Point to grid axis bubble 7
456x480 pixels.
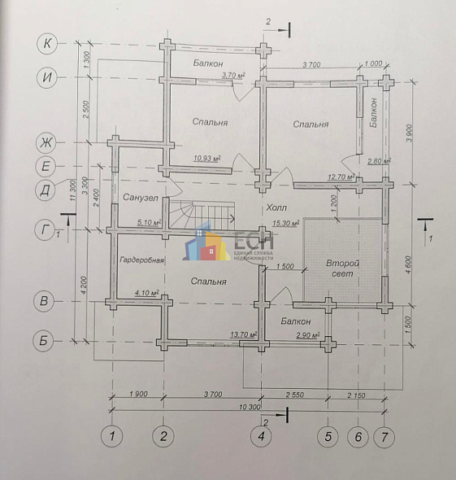click(384, 437)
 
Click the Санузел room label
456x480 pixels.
click(140, 199)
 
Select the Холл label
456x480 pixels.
click(276, 208)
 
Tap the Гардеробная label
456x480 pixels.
click(142, 260)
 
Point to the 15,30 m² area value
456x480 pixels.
click(285, 223)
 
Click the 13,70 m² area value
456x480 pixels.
click(244, 334)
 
